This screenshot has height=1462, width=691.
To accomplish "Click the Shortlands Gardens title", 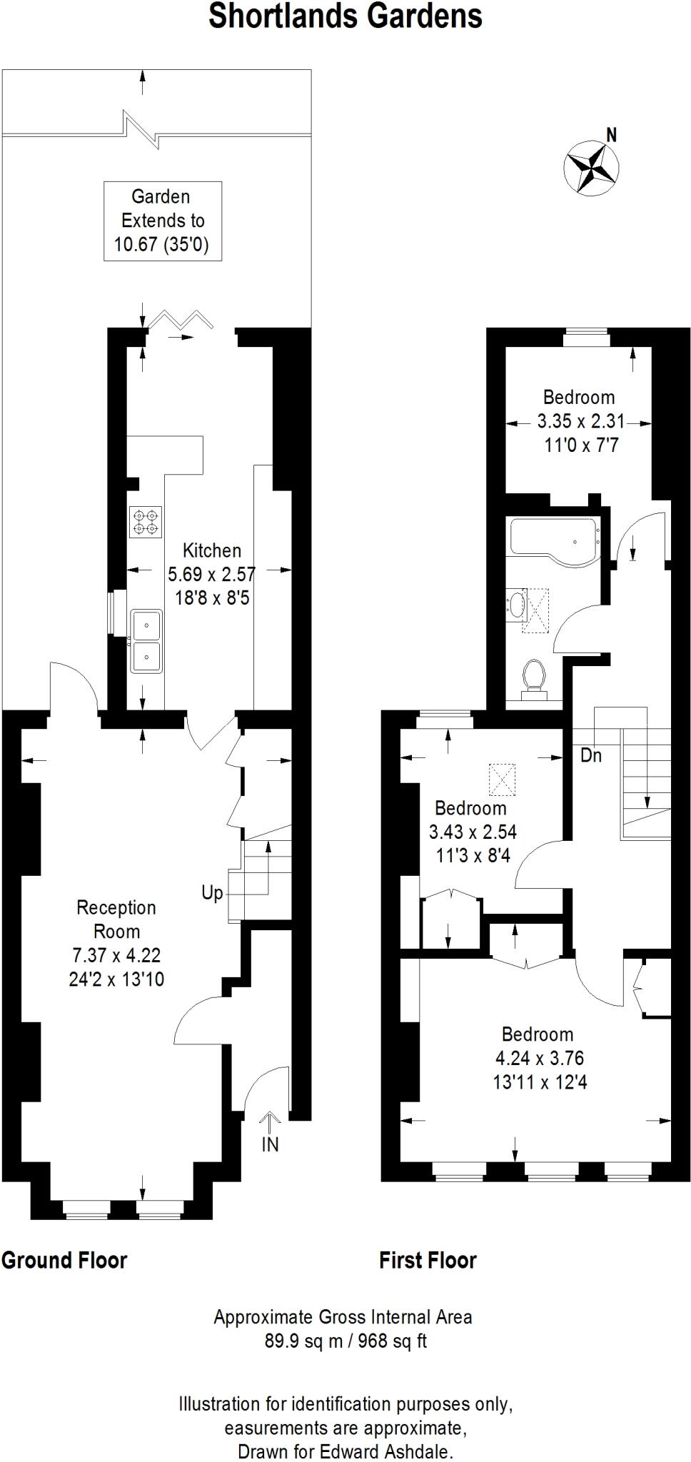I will pyautogui.click(x=345, y=16).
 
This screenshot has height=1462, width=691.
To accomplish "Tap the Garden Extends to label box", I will pyautogui.click(x=162, y=221).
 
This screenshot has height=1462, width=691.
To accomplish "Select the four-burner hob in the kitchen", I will pyautogui.click(x=145, y=522).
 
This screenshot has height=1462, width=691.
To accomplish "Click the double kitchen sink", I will pyautogui.click(x=146, y=640).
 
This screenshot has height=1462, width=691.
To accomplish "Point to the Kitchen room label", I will pyautogui.click(x=211, y=550).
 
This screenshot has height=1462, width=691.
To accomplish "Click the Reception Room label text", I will pyautogui.click(x=116, y=919).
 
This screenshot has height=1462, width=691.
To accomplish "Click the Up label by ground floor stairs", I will pyautogui.click(x=212, y=893).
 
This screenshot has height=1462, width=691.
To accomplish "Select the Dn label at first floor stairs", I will pyautogui.click(x=591, y=755).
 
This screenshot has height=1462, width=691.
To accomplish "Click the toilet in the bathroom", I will pyautogui.click(x=534, y=677).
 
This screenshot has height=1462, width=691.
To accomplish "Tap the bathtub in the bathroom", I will pyautogui.click(x=553, y=540).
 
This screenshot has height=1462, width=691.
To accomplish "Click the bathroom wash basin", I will pyautogui.click(x=515, y=605).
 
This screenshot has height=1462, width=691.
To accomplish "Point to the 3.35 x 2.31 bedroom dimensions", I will pyautogui.click(x=580, y=421).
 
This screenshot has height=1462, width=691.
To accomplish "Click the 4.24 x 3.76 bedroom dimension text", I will pyautogui.click(x=540, y=1058).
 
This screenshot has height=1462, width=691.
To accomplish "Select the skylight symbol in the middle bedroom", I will pyautogui.click(x=502, y=780).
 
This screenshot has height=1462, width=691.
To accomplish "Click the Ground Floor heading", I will pyautogui.click(x=64, y=1260).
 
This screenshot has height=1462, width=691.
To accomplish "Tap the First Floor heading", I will pyautogui.click(x=428, y=1260).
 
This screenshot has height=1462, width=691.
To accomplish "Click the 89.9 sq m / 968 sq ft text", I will pyautogui.click(x=345, y=1341).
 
